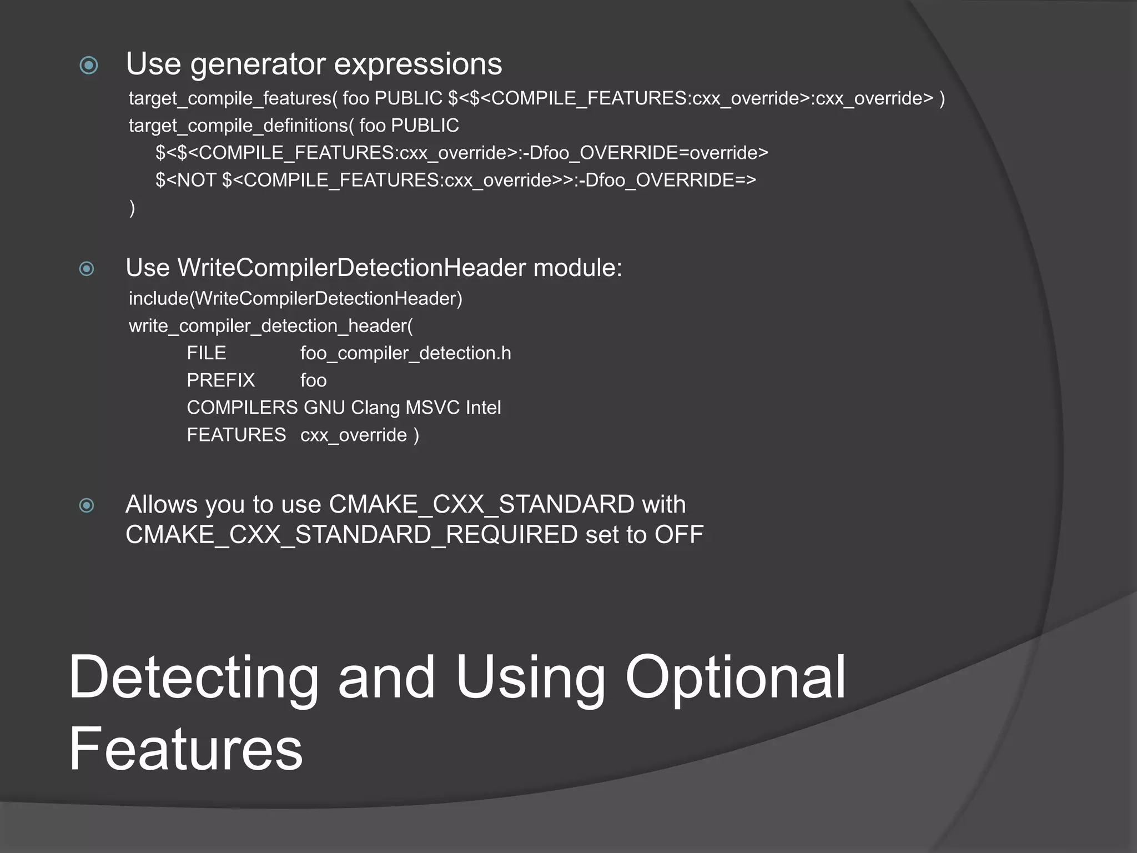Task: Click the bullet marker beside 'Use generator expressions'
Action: click(89, 66)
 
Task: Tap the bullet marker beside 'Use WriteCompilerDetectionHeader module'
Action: click(87, 269)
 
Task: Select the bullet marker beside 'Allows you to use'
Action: click(87, 505)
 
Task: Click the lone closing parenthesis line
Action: click(132, 207)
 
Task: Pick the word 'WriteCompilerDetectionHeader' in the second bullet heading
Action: click(351, 268)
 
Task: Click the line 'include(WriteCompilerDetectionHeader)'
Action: click(295, 299)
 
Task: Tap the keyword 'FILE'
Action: click(207, 353)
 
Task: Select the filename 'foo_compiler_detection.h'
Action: click(405, 353)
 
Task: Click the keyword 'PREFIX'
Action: click(221, 380)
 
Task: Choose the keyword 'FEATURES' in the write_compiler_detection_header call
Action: click(236, 435)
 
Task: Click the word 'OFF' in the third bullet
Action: click(678, 535)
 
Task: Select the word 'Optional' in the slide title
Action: click(734, 678)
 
